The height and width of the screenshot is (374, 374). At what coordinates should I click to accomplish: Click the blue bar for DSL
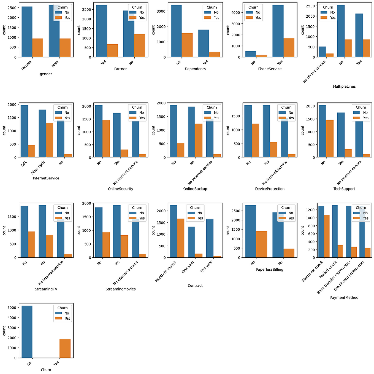tap(24, 131)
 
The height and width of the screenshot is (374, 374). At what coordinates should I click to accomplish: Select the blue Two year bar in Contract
tap(210, 238)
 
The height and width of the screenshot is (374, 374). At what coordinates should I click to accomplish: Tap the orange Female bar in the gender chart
tap(38, 48)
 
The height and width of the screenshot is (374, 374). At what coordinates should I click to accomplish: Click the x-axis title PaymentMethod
tap(344, 298)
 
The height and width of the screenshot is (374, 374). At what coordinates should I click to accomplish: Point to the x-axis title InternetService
tap(46, 178)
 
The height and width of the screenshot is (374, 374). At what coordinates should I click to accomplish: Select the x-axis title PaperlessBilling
tap(270, 270)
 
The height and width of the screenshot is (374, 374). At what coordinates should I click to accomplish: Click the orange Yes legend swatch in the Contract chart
tap(191, 218)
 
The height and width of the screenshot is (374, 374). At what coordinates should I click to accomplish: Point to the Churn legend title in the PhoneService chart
tap(253, 7)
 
